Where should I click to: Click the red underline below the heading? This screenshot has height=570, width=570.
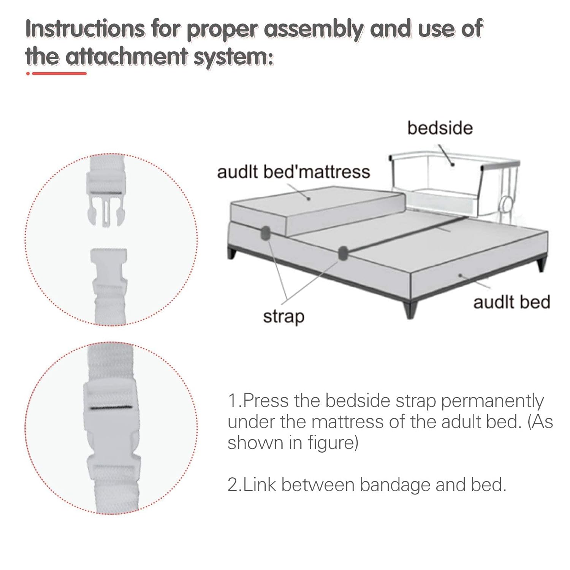[57, 73]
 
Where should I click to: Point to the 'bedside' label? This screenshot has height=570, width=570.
[440, 128]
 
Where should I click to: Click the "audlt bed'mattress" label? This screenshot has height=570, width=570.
[293, 172]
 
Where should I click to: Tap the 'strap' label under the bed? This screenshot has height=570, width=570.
[284, 317]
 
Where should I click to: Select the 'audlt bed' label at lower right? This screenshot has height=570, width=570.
[511, 302]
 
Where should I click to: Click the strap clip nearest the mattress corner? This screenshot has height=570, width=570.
[265, 233]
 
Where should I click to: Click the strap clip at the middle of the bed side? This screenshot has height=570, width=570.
[343, 253]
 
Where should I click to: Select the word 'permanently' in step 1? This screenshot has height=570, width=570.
[492, 402]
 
